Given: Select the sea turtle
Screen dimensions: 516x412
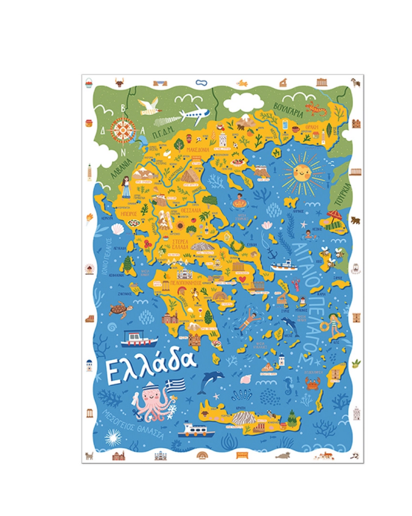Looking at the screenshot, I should [117, 311].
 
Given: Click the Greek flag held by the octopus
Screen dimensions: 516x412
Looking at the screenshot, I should [175, 386].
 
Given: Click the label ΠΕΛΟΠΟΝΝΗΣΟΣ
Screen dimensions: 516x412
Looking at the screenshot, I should [181, 284].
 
